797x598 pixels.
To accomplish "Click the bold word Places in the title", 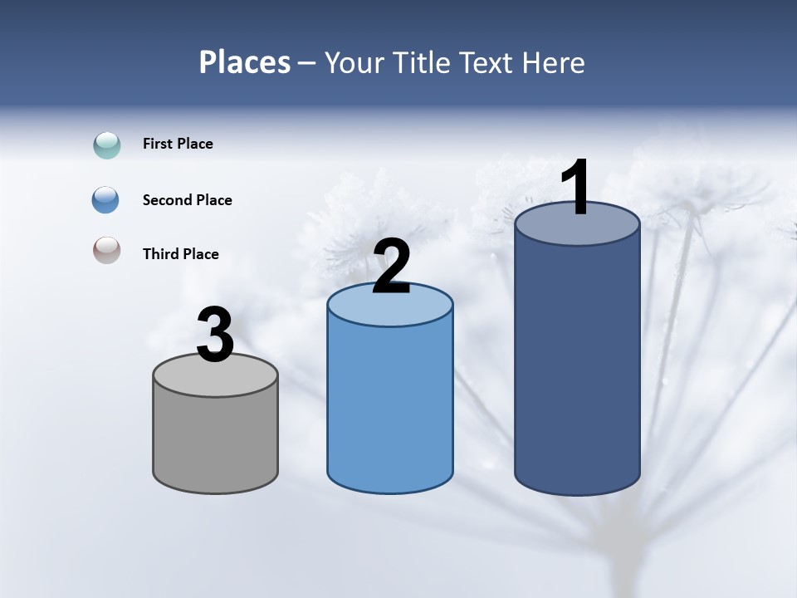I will click(x=244, y=62).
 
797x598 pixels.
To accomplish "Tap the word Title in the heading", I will click(x=421, y=62).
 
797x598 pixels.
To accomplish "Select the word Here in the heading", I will click(x=555, y=62).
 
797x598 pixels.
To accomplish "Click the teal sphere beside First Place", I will click(x=107, y=145).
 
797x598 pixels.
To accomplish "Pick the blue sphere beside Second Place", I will click(x=106, y=200).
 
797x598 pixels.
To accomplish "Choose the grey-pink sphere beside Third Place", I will click(x=107, y=251).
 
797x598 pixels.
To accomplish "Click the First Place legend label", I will click(x=178, y=144).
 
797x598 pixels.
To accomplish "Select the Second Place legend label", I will click(x=187, y=200).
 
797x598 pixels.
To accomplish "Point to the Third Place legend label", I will click(x=180, y=254).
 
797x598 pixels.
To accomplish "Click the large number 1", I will click(x=576, y=187).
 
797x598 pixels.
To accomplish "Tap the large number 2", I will click(x=391, y=267).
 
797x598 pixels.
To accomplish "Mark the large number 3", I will click(x=215, y=336).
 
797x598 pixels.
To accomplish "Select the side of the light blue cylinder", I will click(x=390, y=407).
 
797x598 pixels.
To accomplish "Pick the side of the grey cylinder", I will click(x=216, y=440).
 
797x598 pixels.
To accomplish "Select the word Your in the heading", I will click(x=353, y=62).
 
